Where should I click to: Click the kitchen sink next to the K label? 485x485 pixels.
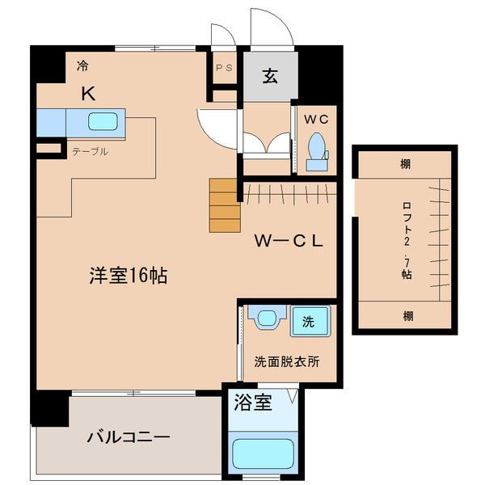point(103,123)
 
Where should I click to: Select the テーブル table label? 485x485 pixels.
point(90,151)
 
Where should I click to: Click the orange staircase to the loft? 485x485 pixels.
point(225,205)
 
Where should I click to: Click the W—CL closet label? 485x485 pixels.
point(289,242)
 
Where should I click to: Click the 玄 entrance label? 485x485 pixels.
point(269,77)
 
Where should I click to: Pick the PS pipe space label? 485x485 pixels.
point(224,69)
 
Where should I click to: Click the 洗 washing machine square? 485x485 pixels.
point(308,320)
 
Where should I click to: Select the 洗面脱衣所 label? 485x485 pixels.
point(286,361)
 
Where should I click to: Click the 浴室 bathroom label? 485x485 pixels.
point(253,401)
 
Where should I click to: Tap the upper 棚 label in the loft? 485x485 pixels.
point(404,164)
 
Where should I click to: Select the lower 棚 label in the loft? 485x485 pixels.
point(404,314)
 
